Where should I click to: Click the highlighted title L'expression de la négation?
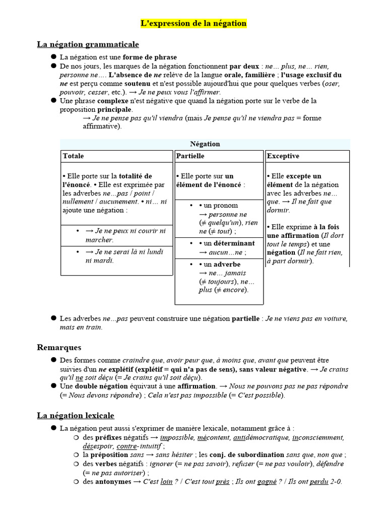coord(193,23)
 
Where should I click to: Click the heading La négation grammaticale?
coord(88,44)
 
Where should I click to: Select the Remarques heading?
coord(59,347)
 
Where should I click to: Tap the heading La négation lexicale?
coord(76,415)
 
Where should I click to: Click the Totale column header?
coord(74,156)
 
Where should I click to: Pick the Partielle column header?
coord(190,156)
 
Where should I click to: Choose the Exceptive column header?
coord(283,156)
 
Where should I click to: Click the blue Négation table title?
coord(205,144)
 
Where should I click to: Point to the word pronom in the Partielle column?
coord(226,206)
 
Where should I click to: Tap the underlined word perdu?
coord(319,481)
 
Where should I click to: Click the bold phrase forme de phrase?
coord(150,57)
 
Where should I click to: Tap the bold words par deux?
coord(244,66)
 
